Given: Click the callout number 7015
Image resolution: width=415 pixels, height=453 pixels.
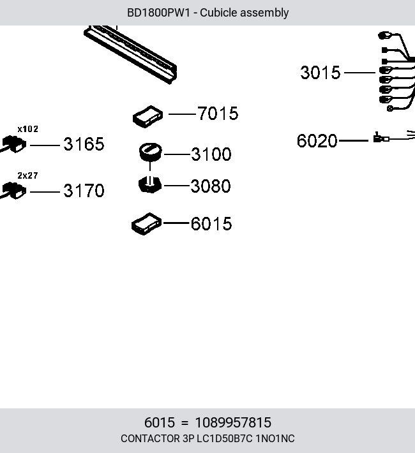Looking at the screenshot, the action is click(x=218, y=113).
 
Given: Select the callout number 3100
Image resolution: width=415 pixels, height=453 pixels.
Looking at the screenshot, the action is click(x=211, y=154).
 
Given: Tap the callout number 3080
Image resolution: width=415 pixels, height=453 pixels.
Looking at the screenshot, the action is click(x=211, y=186).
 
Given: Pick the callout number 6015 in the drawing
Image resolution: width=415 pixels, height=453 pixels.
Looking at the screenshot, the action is click(x=211, y=223).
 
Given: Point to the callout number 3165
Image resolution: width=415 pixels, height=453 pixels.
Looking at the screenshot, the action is click(x=84, y=144).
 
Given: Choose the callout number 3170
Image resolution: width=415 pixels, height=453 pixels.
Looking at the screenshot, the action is click(x=84, y=191).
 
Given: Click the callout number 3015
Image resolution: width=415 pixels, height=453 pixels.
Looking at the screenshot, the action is click(x=320, y=72).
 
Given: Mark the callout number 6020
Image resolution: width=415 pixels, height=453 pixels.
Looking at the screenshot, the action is click(x=317, y=141).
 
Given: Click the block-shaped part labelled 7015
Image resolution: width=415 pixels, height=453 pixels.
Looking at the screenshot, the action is click(x=147, y=116).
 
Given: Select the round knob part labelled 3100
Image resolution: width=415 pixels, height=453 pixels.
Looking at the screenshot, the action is click(x=151, y=152).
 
